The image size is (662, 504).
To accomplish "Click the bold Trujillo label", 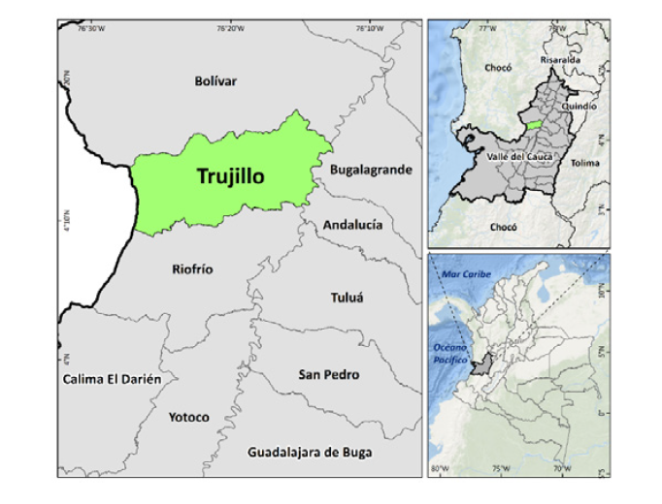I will click(231, 176).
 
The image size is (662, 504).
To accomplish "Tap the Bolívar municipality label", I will click(215, 81).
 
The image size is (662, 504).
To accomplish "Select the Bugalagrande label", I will click(371, 170).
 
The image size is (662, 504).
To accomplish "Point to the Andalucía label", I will click(352, 225).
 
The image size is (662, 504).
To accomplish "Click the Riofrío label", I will click(192, 268).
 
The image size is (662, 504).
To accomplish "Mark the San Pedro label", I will click(329, 374).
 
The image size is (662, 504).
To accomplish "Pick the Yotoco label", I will click(188, 417).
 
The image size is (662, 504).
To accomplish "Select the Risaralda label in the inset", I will click(561, 59).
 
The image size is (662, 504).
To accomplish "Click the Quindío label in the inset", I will click(579, 106).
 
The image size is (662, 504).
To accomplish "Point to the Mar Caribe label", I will click(463, 275).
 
